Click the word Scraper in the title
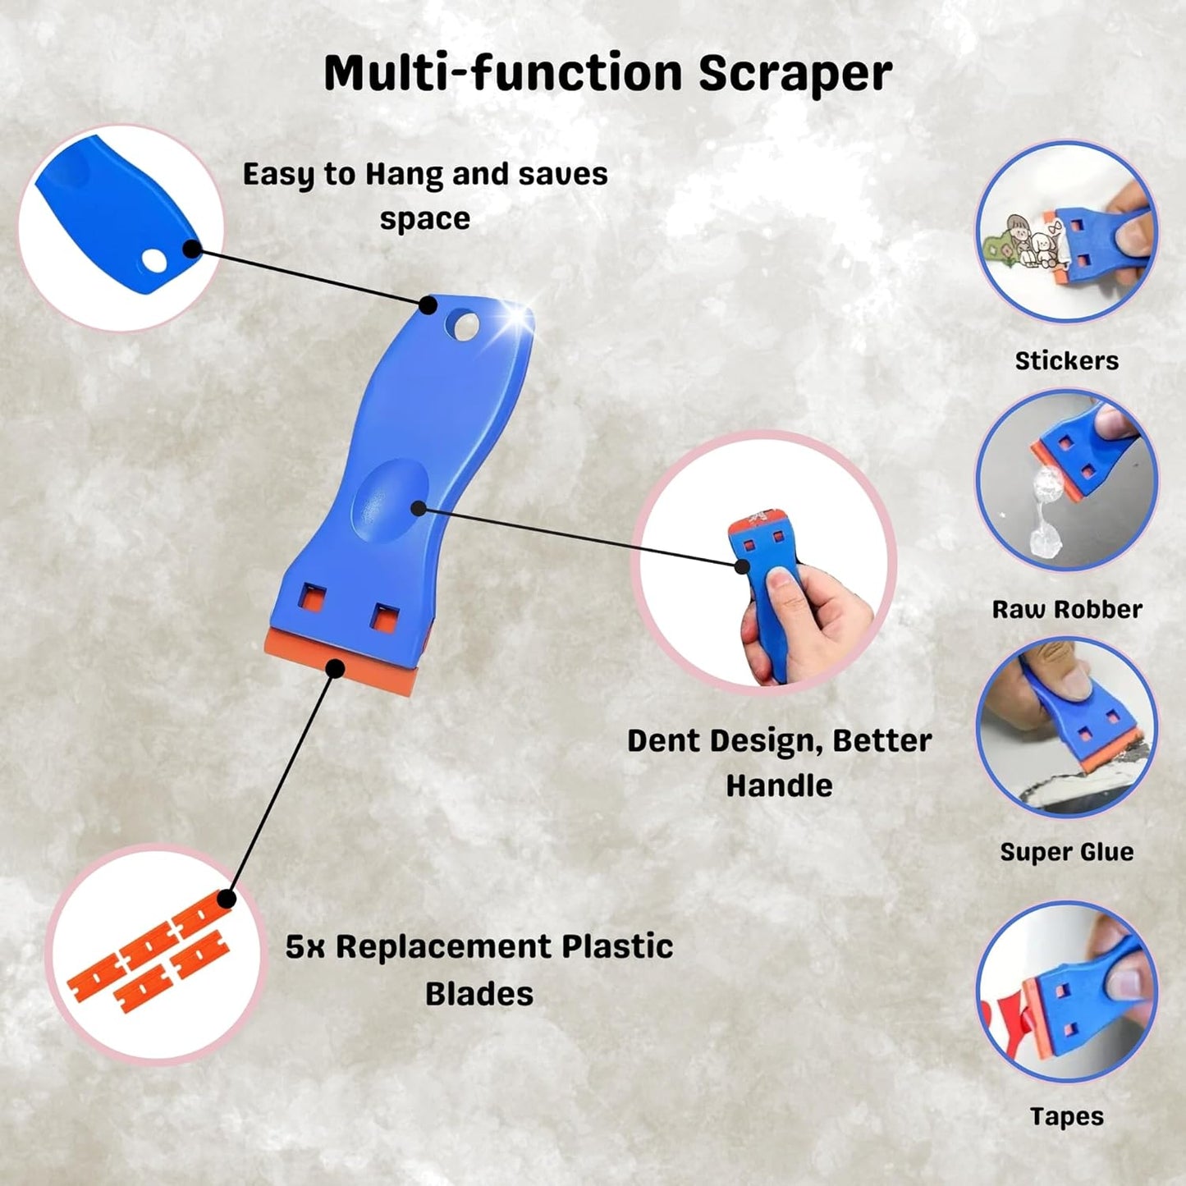(794, 74)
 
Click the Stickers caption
(1066, 360)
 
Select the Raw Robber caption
(1066, 609)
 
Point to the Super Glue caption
(1066, 852)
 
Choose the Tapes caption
(1066, 1116)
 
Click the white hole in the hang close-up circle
(154, 261)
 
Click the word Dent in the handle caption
(663, 740)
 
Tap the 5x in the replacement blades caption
(305, 946)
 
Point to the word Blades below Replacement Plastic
(479, 994)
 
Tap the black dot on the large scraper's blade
(334, 668)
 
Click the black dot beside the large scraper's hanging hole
(428, 305)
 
